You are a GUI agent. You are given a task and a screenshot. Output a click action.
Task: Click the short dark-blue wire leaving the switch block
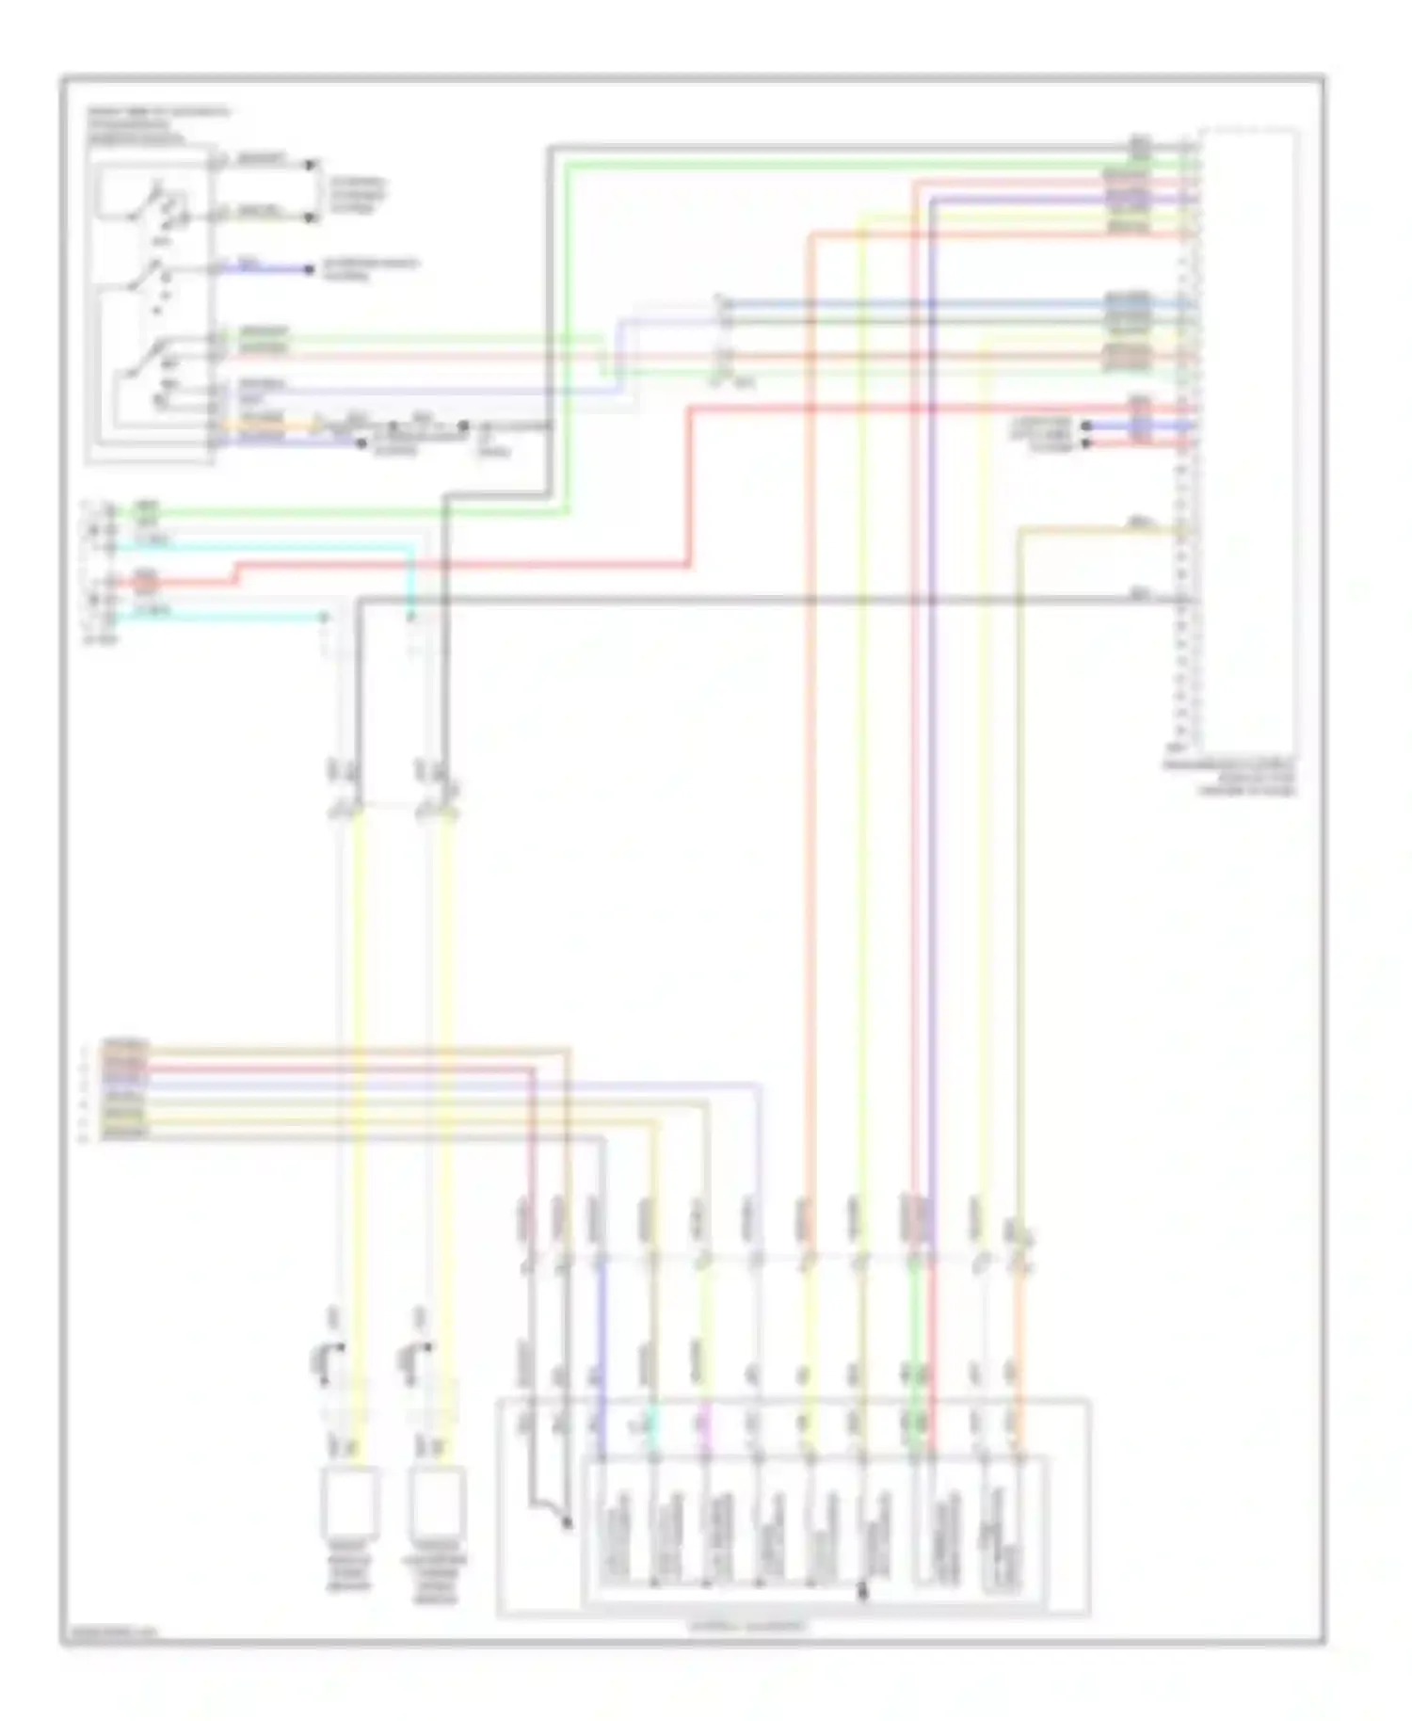(x=273, y=269)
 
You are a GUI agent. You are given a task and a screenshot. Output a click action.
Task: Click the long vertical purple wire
(x=932, y=753)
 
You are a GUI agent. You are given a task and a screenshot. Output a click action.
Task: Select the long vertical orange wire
(x=810, y=753)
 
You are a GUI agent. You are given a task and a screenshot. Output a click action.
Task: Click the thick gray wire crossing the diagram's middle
(x=753, y=601)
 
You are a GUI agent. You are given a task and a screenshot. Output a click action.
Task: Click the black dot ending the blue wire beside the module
(x=1086, y=426)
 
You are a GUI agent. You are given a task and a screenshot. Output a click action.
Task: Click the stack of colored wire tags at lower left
(x=125, y=1090)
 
